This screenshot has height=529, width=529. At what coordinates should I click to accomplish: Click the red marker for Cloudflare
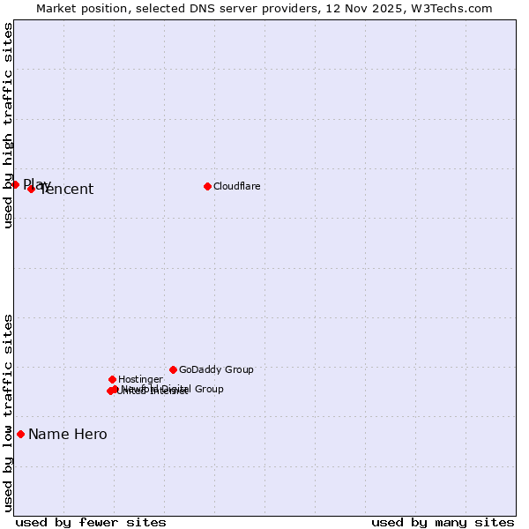[207, 186]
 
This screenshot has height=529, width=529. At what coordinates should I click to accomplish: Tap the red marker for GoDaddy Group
[173, 369]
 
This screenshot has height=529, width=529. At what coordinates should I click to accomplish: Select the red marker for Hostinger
[112, 379]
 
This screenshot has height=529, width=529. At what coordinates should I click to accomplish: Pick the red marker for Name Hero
[20, 434]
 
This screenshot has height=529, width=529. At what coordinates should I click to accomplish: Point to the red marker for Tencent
[31, 189]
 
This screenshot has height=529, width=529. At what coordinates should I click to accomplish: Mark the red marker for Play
[15, 184]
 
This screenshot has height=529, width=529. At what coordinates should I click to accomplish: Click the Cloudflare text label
[237, 186]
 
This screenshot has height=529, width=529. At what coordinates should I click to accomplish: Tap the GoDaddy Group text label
[216, 369]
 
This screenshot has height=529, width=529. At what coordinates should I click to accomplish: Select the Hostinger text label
[140, 379]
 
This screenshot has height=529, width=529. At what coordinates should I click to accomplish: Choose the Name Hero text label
[68, 434]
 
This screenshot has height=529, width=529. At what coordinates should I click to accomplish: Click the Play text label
[37, 183]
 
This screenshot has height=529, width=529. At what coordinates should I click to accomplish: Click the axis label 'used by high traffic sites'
[8, 125]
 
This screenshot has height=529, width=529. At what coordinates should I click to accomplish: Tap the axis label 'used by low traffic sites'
[8, 413]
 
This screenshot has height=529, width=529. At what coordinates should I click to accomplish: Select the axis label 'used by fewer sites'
[91, 522]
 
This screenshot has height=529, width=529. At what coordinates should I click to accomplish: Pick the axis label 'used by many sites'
[443, 522]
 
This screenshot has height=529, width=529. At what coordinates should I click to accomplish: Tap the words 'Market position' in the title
[78, 8]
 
